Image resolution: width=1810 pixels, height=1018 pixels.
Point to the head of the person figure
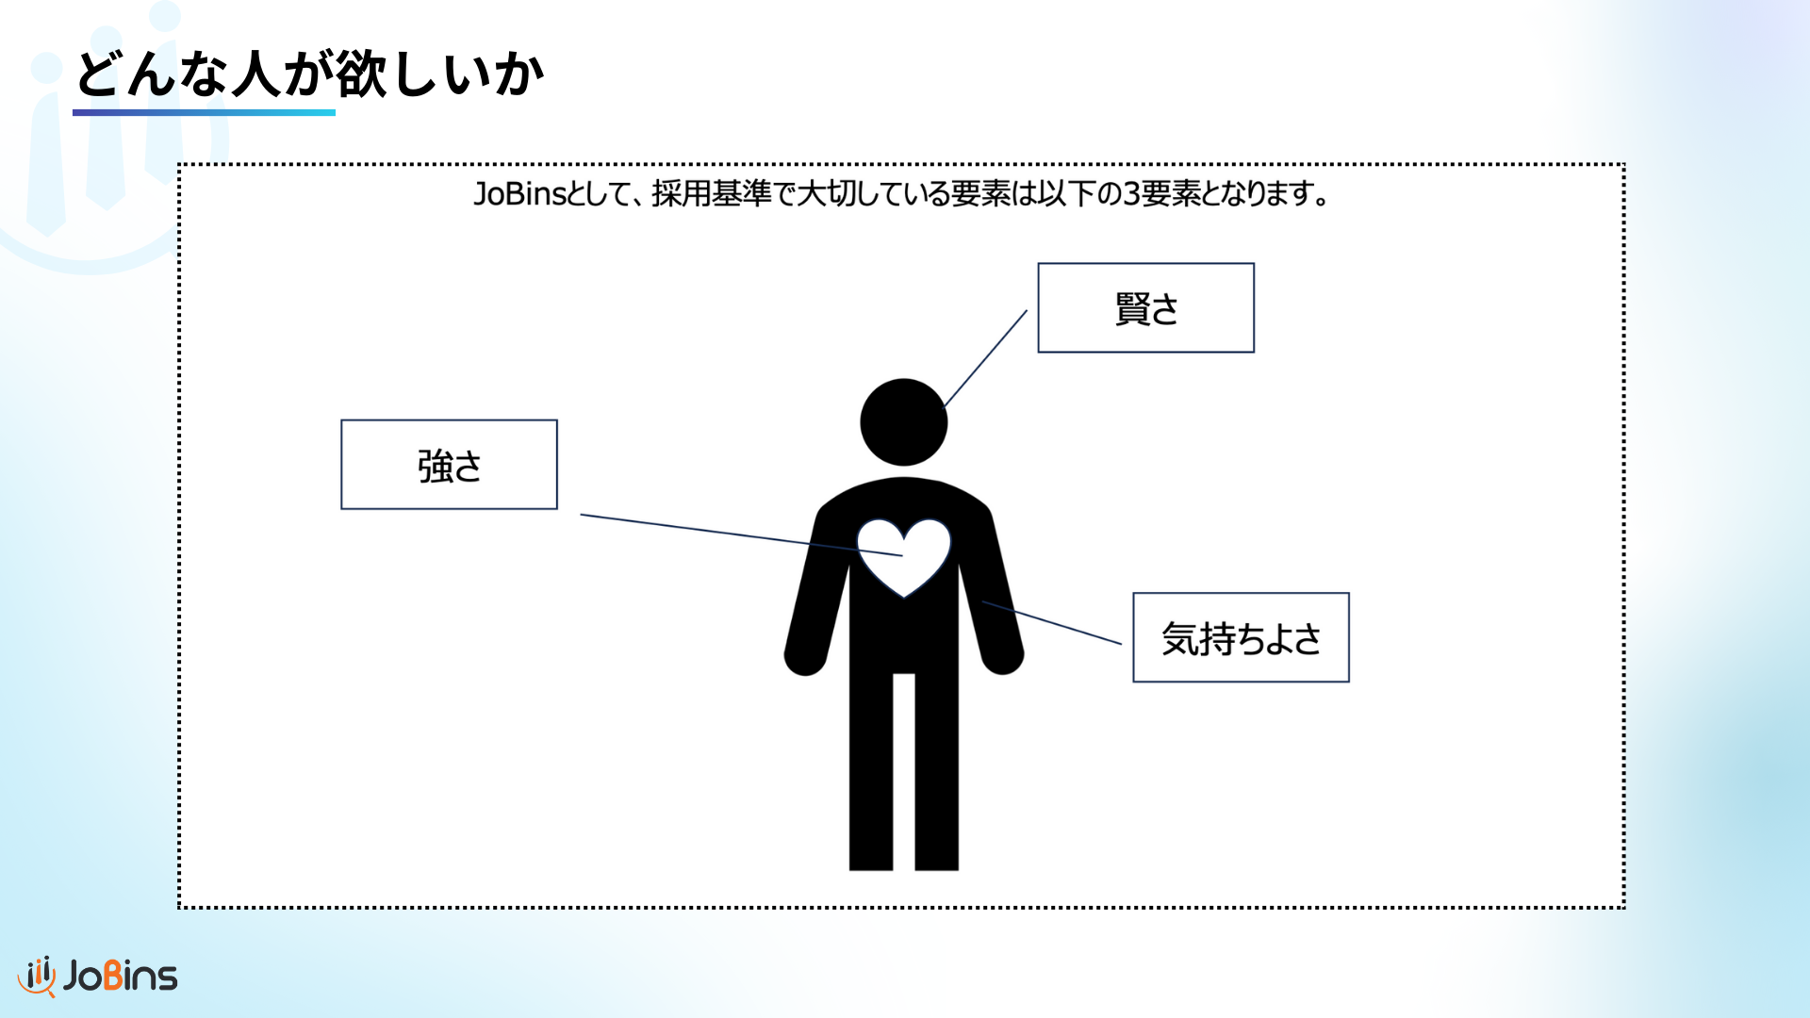pos(903,422)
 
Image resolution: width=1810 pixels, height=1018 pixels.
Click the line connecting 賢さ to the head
pos(985,358)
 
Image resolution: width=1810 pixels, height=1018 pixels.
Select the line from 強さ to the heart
pos(741,535)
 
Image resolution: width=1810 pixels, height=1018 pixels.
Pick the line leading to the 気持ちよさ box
pos(1052,622)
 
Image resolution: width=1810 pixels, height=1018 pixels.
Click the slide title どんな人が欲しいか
pos(309,74)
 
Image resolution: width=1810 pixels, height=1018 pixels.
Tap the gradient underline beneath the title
pos(204,112)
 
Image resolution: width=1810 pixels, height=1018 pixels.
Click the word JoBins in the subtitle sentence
pos(518,193)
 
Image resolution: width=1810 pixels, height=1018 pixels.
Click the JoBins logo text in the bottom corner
pos(120,976)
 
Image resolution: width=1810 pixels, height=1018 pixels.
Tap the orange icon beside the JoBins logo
pos(37,977)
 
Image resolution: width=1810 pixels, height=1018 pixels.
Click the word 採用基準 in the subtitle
pos(712,193)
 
